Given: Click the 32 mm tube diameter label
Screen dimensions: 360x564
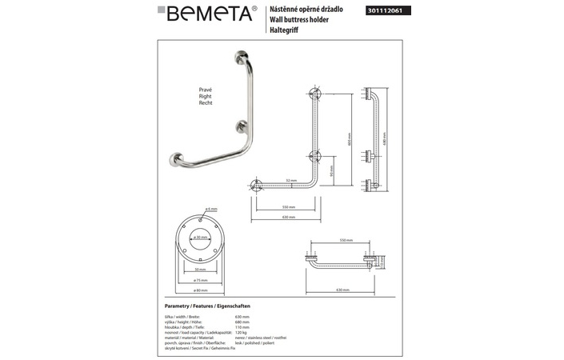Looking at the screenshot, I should [x=291, y=181].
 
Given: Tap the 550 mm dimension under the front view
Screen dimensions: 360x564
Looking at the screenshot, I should [x=286, y=206].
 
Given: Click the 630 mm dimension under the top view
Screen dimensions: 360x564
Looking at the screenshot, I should [x=342, y=290].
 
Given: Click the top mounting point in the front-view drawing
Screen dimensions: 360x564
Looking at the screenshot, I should [x=316, y=94].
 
